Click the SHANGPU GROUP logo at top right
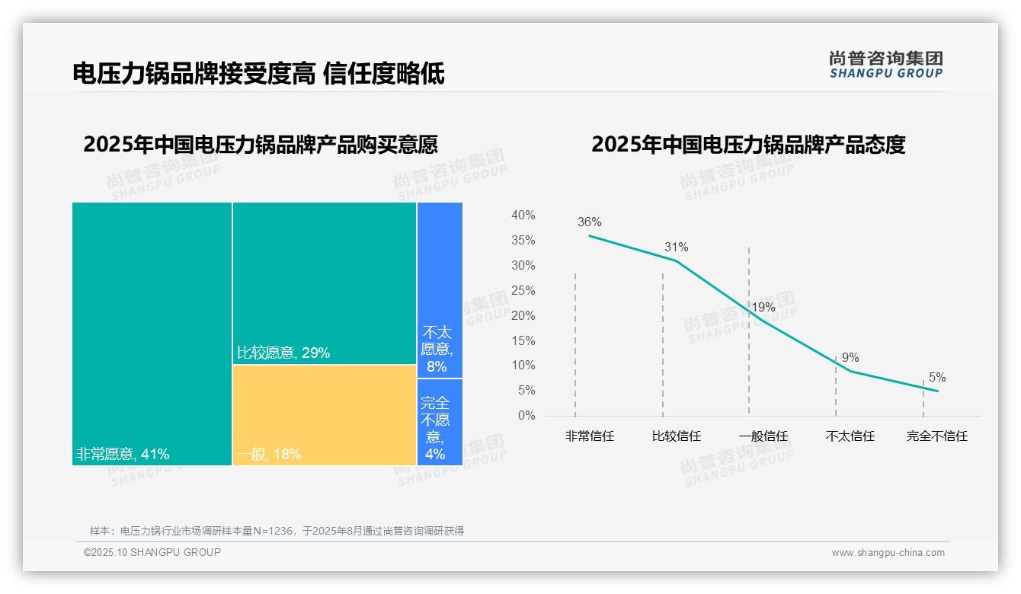(x=885, y=65)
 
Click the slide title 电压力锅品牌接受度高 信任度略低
(x=258, y=73)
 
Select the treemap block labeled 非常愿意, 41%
(x=152, y=333)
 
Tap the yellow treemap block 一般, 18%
(x=324, y=414)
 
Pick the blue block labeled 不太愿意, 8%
(x=440, y=289)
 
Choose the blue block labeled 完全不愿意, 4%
(x=440, y=421)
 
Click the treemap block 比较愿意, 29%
(x=324, y=283)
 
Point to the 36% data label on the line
(x=589, y=222)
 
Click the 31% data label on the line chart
(x=676, y=247)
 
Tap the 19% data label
(x=763, y=308)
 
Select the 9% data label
(x=850, y=357)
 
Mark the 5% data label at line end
(x=937, y=377)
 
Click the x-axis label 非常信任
(x=589, y=436)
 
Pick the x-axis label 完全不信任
(x=936, y=436)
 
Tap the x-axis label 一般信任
(x=763, y=436)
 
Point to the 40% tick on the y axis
(x=523, y=216)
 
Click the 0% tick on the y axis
(x=526, y=416)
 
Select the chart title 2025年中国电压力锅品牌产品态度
(x=748, y=145)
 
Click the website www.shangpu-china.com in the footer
(x=888, y=553)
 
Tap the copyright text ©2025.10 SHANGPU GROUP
(x=152, y=552)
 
